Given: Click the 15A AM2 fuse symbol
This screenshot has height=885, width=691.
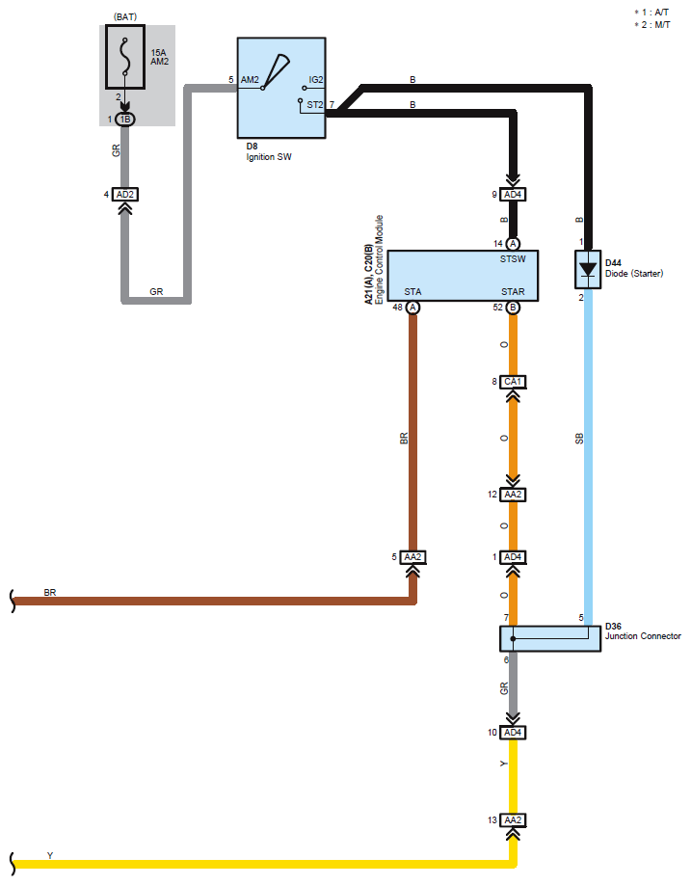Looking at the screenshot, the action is point(125,57).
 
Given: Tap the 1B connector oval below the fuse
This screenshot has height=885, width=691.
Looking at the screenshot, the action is point(125,120).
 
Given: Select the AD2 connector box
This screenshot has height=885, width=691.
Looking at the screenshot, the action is point(124,194).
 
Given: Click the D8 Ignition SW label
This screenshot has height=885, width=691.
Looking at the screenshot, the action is point(269,151).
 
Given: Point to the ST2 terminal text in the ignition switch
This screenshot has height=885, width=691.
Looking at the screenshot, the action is point(315,104).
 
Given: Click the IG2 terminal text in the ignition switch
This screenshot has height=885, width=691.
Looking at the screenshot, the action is point(316,80).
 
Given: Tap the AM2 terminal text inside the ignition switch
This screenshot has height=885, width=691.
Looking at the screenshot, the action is point(250,80).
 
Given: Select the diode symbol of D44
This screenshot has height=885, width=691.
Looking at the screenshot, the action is point(588,269).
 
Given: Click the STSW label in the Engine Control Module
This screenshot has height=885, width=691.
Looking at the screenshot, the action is point(513,259).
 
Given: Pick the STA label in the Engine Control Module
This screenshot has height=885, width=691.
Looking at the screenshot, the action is point(412,292).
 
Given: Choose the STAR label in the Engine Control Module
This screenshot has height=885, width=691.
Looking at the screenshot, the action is point(513,292).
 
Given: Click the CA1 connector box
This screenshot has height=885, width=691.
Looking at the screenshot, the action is point(513,382).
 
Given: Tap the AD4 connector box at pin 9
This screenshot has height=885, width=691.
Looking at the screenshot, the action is point(513,194).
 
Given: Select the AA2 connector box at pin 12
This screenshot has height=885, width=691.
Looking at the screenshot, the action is point(513,495).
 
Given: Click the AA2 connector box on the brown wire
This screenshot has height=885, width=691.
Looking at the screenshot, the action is point(412,557).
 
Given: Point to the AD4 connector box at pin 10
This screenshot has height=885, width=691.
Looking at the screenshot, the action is point(513,732).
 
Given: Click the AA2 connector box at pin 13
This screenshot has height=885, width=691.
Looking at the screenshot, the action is point(513,820).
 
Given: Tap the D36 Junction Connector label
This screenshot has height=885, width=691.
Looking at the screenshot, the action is point(643,631).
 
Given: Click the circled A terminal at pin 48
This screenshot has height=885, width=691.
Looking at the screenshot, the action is point(412,307).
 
